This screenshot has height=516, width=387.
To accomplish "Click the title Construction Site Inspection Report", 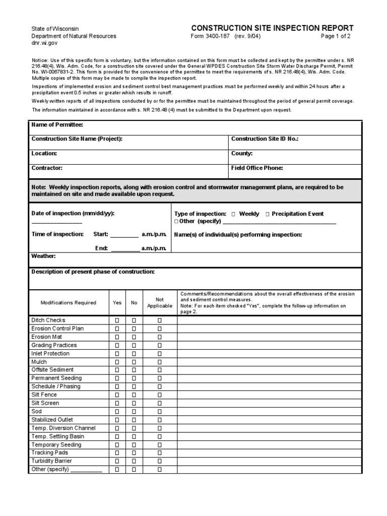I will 272,28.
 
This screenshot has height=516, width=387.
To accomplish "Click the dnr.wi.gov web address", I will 43,44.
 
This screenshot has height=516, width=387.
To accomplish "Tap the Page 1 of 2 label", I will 335,37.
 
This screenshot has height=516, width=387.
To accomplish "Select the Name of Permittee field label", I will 57,125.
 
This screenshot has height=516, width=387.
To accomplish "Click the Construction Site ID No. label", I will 265,139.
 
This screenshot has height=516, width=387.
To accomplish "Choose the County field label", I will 242,153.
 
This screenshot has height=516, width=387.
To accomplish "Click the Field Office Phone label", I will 257,168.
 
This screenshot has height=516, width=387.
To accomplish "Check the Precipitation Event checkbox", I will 267,214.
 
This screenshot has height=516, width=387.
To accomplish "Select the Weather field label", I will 43,256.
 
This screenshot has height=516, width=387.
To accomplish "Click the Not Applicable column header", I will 159,302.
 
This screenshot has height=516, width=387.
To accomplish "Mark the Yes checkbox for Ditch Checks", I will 117,320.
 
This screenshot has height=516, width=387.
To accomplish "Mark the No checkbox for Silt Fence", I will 134,395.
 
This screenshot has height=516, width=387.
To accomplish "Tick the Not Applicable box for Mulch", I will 159,362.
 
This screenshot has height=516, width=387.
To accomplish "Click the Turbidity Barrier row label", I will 51,461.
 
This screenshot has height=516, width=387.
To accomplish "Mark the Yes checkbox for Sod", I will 117,412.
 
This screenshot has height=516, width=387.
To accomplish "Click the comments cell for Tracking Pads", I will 269,453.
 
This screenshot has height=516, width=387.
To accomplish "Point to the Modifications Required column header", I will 68,303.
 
